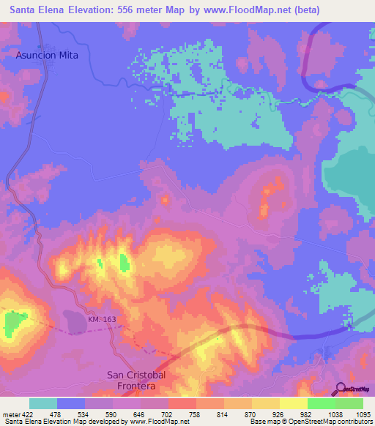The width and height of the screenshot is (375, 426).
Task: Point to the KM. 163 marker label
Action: [x=102, y=319]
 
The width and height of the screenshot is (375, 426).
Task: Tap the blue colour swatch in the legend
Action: [x=71, y=403]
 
